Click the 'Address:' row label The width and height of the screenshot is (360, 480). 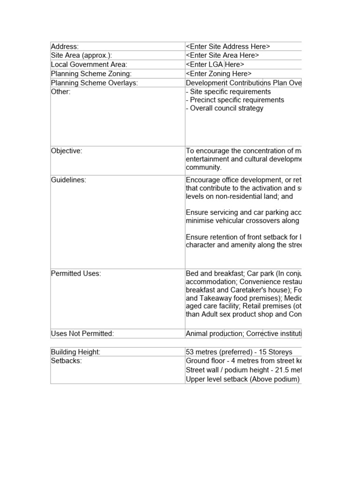point(65,46)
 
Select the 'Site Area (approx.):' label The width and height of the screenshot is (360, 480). point(78,55)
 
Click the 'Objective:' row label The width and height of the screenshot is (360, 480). point(67,151)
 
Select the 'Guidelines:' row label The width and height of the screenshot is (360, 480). point(68,180)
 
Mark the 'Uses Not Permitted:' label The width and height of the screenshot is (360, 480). point(82,334)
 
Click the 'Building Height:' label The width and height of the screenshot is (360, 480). point(75,352)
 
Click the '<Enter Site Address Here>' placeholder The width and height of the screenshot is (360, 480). point(228,46)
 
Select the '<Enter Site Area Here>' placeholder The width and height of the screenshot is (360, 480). point(223,55)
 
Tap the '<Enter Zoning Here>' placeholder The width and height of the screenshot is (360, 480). point(218,74)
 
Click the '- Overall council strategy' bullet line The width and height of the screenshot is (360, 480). point(225,108)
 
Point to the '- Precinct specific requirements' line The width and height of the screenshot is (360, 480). point(235,100)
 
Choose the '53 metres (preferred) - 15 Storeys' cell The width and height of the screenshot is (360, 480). point(239,352)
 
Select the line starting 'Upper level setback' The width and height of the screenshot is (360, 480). point(242,379)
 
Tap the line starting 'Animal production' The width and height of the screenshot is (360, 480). point(243,334)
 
